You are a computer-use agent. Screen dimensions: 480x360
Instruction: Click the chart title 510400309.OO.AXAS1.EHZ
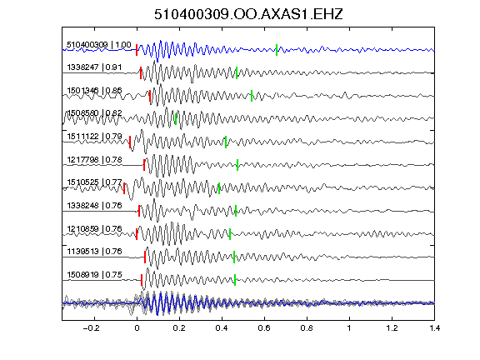tap(248, 14)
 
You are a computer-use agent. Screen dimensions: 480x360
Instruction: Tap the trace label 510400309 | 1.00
tap(99, 45)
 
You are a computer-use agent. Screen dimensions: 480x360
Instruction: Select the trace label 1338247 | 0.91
tap(94, 67)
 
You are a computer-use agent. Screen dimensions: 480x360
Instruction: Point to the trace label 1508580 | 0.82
tap(94, 113)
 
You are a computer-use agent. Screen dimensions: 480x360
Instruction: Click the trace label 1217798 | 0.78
tap(94, 159)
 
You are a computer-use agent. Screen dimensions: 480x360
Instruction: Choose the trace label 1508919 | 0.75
tap(94, 275)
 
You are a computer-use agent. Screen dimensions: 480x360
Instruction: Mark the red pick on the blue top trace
tap(137, 50)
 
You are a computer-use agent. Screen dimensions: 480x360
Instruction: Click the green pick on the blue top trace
tap(277, 50)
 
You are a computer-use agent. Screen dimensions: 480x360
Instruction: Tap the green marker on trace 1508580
tap(176, 119)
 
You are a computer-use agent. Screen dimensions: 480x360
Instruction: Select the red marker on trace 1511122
tap(130, 142)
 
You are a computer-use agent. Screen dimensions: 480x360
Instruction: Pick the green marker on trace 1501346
tap(252, 96)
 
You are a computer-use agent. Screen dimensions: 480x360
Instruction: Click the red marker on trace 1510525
tap(124, 188)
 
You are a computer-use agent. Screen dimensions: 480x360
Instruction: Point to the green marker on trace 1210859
tap(230, 234)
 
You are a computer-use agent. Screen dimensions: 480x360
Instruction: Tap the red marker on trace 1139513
tap(145, 257)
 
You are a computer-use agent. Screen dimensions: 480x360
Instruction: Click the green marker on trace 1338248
tap(236, 211)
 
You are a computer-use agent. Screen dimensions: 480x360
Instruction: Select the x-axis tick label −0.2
tap(91, 328)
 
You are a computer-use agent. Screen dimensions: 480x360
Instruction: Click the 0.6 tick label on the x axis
tap(264, 328)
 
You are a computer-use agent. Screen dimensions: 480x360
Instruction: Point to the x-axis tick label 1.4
tap(434, 328)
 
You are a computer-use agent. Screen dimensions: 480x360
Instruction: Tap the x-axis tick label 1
tap(349, 328)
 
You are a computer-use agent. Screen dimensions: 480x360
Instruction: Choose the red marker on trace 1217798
tap(144, 165)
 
